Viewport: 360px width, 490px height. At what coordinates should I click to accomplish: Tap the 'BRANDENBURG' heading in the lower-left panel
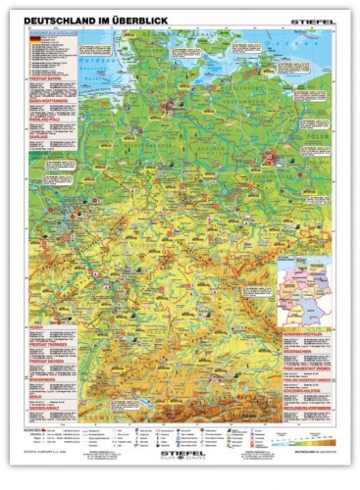click(x=42, y=381)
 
